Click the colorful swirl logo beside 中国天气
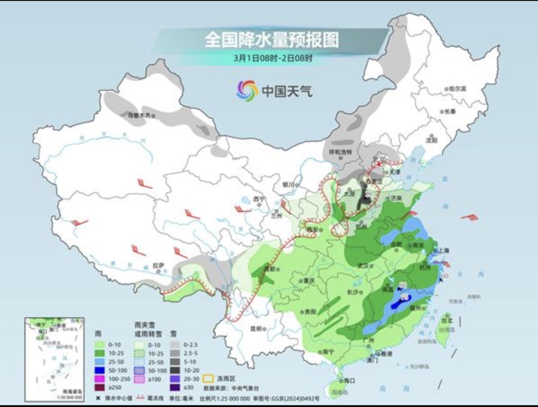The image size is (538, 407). (247, 90)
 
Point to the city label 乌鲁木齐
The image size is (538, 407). (138, 116)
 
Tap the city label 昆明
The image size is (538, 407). (256, 328)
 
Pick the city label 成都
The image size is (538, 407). (269, 269)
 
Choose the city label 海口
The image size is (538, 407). (349, 381)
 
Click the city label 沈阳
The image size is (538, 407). (431, 140)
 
